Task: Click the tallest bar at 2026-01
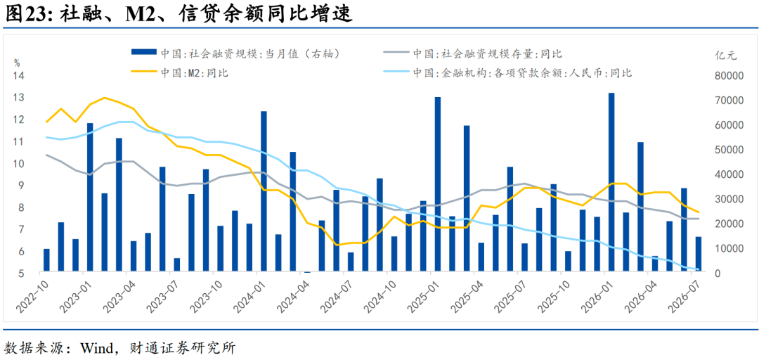click(611, 183)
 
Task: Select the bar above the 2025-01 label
click(438, 185)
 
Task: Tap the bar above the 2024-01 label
click(264, 192)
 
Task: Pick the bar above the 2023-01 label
click(90, 198)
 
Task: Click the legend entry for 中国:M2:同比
click(180, 73)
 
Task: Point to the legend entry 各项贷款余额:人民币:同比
click(507, 73)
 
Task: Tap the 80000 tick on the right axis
click(729, 76)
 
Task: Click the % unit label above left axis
click(17, 63)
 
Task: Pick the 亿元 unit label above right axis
click(725, 55)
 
